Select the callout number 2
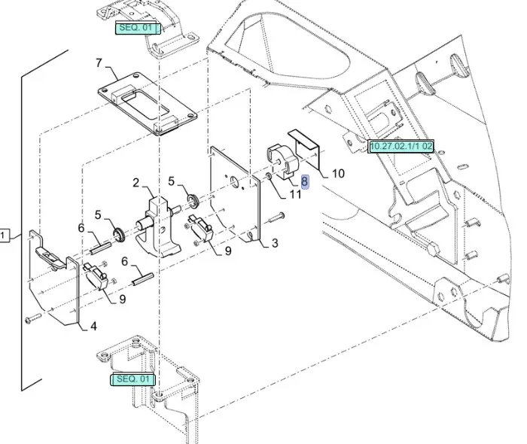[x=136, y=183]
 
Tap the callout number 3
[x=275, y=243]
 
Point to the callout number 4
[x=93, y=326]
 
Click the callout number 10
[x=338, y=174]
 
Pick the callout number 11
[x=295, y=194]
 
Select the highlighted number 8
[x=304, y=181]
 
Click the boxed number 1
[x=5, y=236]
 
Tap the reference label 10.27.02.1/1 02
[x=401, y=146]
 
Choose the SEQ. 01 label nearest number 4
[x=133, y=379]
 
